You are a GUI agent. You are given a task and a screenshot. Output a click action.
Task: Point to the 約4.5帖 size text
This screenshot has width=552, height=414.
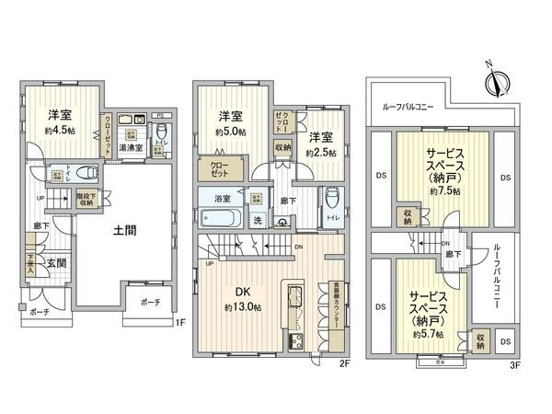pyautogui.click(x=61, y=131)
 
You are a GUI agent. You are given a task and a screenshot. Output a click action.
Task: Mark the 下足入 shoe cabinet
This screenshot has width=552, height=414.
pyautogui.click(x=30, y=264)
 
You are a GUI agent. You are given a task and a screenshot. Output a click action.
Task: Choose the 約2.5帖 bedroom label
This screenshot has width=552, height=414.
pyautogui.click(x=323, y=152)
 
